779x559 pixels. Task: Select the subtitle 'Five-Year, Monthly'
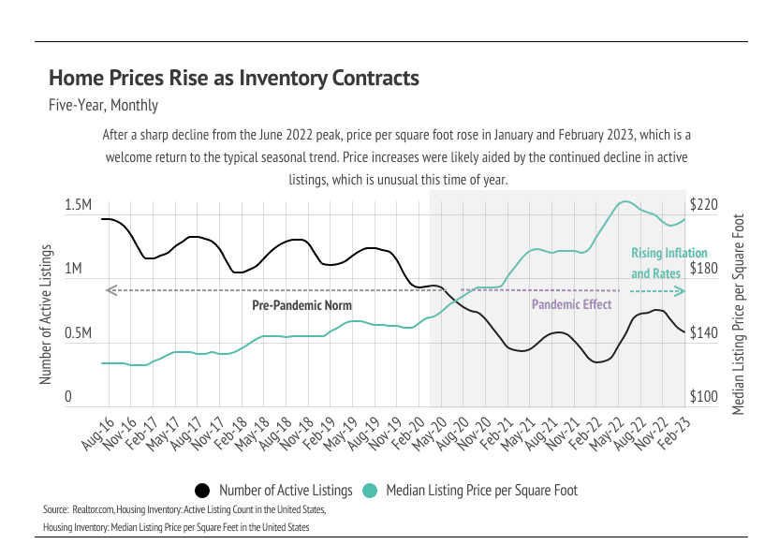pos(103,106)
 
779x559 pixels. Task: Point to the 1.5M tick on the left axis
pos(78,205)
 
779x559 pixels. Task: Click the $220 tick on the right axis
pos(703,205)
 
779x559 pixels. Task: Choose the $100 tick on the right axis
pos(703,398)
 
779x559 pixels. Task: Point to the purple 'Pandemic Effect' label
pos(571,304)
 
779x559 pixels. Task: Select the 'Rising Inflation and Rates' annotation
pos(669,263)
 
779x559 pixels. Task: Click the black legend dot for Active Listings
pos(201,491)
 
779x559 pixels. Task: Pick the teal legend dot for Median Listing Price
pos(369,491)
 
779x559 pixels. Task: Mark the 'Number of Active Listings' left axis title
pos(45,316)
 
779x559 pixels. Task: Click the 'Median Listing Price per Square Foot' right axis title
pos(738,315)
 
